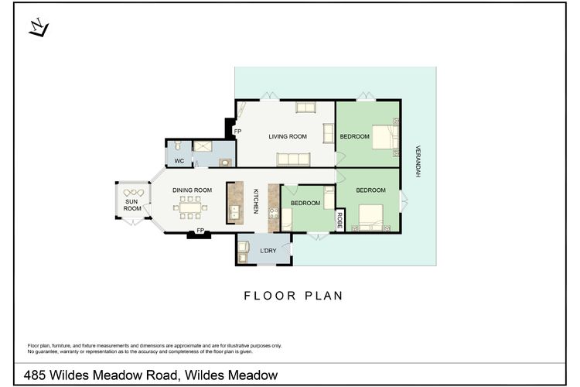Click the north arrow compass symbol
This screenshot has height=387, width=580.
[x=39, y=28]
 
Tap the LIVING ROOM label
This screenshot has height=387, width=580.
[x=288, y=137]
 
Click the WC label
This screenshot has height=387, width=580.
[x=179, y=161]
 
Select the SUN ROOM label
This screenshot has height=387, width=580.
[x=132, y=205]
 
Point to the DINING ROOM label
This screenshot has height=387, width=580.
[x=192, y=190]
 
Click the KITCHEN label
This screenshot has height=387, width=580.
[x=256, y=201]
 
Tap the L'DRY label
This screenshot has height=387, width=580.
[x=268, y=251]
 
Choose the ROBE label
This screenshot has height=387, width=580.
[x=340, y=221]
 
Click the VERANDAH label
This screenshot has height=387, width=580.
[x=418, y=161]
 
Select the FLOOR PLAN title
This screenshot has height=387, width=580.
[x=293, y=296]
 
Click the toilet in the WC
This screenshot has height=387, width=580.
[x=178, y=145]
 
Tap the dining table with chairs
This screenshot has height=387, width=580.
[x=190, y=207]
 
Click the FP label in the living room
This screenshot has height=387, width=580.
[x=237, y=132]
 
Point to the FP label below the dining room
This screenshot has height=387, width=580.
[x=200, y=231]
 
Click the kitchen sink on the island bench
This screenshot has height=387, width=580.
[x=234, y=213]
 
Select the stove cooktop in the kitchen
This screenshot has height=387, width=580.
[x=273, y=213]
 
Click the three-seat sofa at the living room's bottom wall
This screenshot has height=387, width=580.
[x=293, y=159]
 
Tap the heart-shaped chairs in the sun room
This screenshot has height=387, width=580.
[x=133, y=193]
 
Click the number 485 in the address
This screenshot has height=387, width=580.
[x=34, y=375]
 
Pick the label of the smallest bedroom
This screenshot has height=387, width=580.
[x=305, y=204]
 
